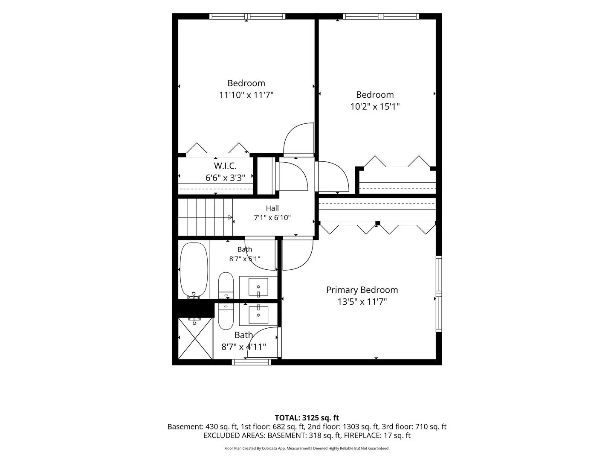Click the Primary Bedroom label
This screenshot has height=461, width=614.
click(362, 290)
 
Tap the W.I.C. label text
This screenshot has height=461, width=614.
click(225, 166)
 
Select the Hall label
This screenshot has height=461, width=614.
click(272, 208)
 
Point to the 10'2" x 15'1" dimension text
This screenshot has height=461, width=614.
click(375, 107)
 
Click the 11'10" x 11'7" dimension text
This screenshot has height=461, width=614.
click(246, 95)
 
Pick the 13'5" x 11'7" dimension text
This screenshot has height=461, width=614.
click(362, 302)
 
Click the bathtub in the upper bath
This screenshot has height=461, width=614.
click(194, 269)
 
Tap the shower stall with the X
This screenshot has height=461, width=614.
click(195, 338)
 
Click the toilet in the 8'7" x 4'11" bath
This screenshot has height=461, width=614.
click(226, 317)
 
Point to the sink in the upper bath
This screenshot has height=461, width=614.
click(258, 287)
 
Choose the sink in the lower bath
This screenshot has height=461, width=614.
click(258, 315)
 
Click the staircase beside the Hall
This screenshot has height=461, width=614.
click(206, 217)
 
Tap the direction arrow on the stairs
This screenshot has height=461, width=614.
click(230, 217)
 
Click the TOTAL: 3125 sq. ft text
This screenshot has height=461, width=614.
click(307, 418)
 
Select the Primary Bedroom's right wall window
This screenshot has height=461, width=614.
click(439, 294)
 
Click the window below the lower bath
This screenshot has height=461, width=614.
click(252, 362)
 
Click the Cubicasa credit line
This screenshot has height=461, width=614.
click(307, 448)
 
